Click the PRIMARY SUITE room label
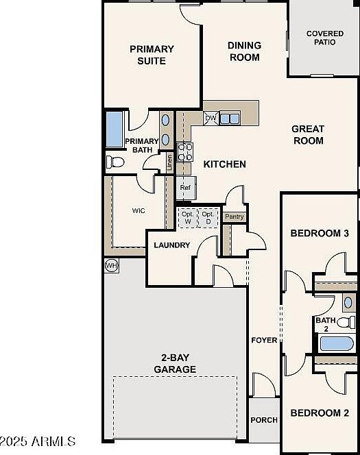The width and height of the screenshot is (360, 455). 152,55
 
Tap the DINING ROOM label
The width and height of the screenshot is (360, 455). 245,51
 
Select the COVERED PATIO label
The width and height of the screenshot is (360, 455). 325,38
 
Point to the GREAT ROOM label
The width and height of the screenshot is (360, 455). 308,134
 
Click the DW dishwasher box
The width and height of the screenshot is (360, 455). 211,118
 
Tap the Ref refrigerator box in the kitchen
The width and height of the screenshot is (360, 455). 185,187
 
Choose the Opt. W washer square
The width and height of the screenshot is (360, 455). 187,217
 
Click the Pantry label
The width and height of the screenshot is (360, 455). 235,217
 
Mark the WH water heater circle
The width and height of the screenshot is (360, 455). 110,265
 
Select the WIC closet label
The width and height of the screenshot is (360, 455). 139,211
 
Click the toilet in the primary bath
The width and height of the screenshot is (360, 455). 115,162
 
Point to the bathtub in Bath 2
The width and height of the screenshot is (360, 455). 335,342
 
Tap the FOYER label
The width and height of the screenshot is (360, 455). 264,340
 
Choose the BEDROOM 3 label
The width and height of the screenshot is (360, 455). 320,233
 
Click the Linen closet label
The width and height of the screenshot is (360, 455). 169,163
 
